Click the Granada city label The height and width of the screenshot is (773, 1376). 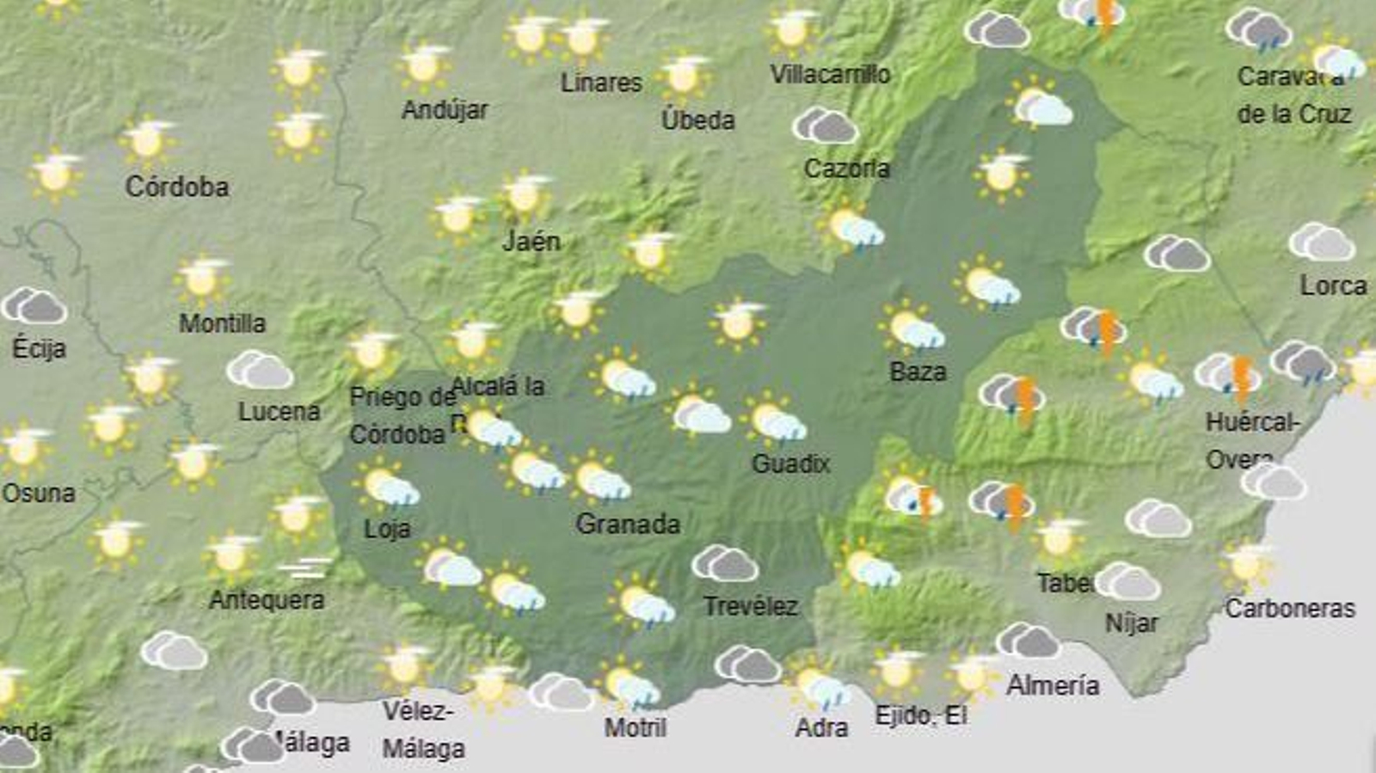pyautogui.click(x=628, y=524)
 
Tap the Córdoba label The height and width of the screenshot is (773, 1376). pyautogui.click(x=177, y=187)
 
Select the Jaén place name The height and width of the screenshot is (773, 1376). pyautogui.click(x=531, y=242)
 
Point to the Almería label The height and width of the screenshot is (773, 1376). pyautogui.click(x=1053, y=685)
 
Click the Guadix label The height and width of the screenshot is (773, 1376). pyautogui.click(x=790, y=464)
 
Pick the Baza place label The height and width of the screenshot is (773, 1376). pyautogui.click(x=918, y=371)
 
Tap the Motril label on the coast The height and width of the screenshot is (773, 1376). pyautogui.click(x=635, y=727)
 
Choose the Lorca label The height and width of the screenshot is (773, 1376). pyautogui.click(x=1333, y=285)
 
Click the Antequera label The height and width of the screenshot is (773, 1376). pyautogui.click(x=267, y=599)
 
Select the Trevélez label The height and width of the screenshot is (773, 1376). pyautogui.click(x=750, y=606)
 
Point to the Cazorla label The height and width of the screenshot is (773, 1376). pyautogui.click(x=846, y=168)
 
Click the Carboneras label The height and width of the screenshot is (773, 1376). pyautogui.click(x=1289, y=609)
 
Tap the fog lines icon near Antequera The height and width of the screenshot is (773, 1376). pyautogui.click(x=305, y=568)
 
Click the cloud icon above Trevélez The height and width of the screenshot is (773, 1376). pyautogui.click(x=725, y=564)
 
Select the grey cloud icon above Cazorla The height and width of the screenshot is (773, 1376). pyautogui.click(x=825, y=126)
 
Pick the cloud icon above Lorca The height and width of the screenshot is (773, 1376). pyautogui.click(x=1322, y=242)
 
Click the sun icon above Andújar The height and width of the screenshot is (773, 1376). pyautogui.click(x=424, y=65)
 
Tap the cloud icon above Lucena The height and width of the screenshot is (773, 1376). pyautogui.click(x=260, y=370)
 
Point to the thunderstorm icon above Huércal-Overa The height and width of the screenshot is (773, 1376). pyautogui.click(x=1230, y=376)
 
